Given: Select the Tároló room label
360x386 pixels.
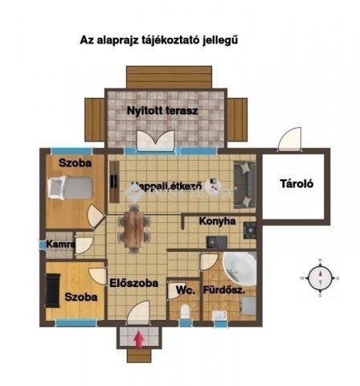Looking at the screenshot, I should coord(296,183).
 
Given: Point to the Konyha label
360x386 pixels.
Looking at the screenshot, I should coord(219,220).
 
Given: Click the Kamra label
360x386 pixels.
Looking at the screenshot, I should coord(61,244).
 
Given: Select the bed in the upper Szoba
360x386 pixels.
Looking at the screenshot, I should coord(69,190).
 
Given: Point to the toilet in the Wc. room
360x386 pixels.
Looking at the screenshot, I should coord(185,312).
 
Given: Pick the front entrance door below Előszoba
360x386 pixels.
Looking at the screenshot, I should coord(141,315).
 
